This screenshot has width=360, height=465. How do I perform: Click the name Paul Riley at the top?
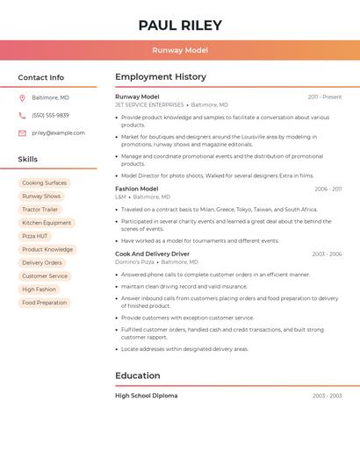179,25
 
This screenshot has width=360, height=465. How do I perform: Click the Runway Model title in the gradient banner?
179,50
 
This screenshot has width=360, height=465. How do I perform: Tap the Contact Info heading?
40,77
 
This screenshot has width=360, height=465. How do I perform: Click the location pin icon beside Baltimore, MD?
22,98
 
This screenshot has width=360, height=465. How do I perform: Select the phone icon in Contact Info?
22,116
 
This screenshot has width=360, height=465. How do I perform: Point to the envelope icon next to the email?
22,133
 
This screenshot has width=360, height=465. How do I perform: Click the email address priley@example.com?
58,133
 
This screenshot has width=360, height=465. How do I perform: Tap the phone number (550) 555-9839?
50,116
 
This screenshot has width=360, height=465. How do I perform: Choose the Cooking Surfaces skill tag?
44,183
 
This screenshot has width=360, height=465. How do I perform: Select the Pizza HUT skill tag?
35,236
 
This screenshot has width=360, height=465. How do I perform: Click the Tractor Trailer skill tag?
40,210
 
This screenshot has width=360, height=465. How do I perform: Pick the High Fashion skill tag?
39,290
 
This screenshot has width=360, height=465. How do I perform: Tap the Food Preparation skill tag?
44,303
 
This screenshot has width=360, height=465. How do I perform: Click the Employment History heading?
161,77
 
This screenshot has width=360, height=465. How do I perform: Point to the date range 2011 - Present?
325,97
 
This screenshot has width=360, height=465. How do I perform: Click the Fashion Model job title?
136,189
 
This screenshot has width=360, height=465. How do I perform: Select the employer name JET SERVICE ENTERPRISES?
149,104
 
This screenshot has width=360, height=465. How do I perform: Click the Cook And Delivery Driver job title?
152,254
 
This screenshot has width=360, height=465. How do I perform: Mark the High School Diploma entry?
146,396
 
